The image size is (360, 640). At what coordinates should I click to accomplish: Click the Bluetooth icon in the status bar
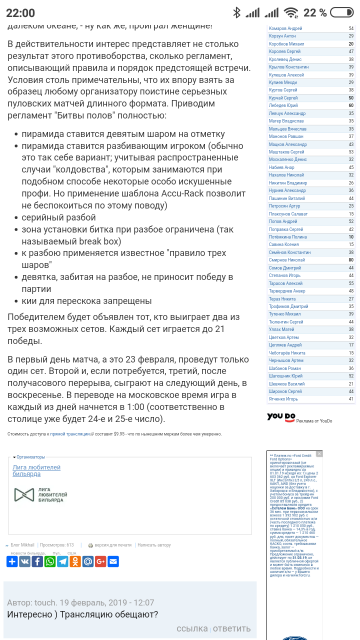click(x=237, y=12)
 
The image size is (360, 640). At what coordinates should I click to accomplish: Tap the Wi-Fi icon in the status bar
click(x=291, y=12)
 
